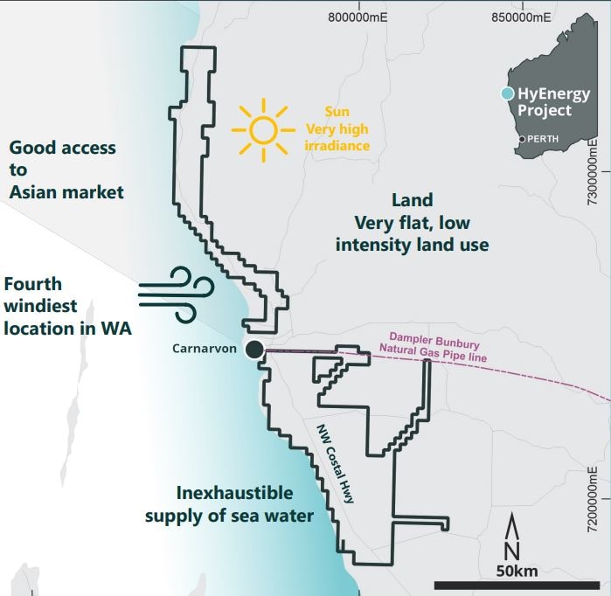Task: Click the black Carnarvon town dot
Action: click(253, 350)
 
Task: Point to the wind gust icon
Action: click(176, 291)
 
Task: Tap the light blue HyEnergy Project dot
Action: click(505, 94)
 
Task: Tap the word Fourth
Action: click(33, 285)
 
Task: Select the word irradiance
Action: click(337, 144)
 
